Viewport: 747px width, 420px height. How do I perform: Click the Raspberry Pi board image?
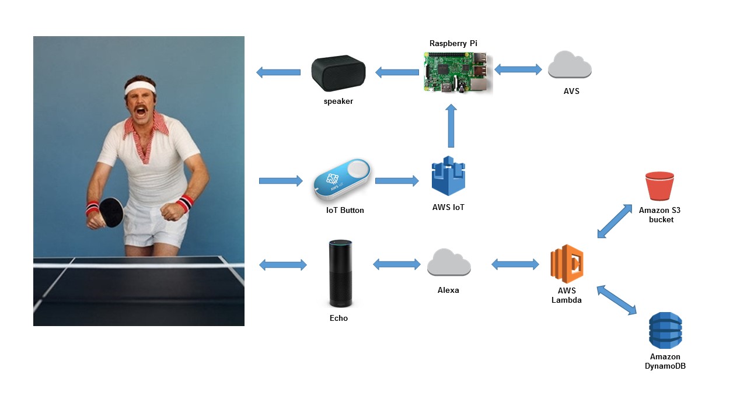tap(458, 72)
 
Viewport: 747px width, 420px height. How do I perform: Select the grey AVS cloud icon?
tap(570, 65)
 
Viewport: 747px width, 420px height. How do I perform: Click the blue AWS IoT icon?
tap(448, 176)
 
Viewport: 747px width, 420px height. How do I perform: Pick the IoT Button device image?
tap(341, 181)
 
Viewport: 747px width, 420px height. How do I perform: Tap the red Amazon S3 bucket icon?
tap(659, 187)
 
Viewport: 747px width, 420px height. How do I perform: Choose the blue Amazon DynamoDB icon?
tap(665, 330)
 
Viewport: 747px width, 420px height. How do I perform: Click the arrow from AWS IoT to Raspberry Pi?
tap(451, 127)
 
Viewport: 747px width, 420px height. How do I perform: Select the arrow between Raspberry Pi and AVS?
tap(518, 69)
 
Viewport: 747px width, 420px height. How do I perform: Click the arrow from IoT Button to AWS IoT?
tap(397, 181)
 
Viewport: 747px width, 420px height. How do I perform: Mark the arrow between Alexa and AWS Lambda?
tap(515, 265)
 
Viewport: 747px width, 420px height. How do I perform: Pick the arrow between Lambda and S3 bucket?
tap(615, 221)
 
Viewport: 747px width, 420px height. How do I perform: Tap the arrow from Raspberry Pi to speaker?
tap(397, 73)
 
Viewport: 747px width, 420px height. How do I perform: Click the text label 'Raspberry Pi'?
tap(453, 43)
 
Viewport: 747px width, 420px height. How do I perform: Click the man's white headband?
tap(140, 87)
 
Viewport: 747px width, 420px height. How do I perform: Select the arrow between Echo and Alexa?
tap(396, 265)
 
